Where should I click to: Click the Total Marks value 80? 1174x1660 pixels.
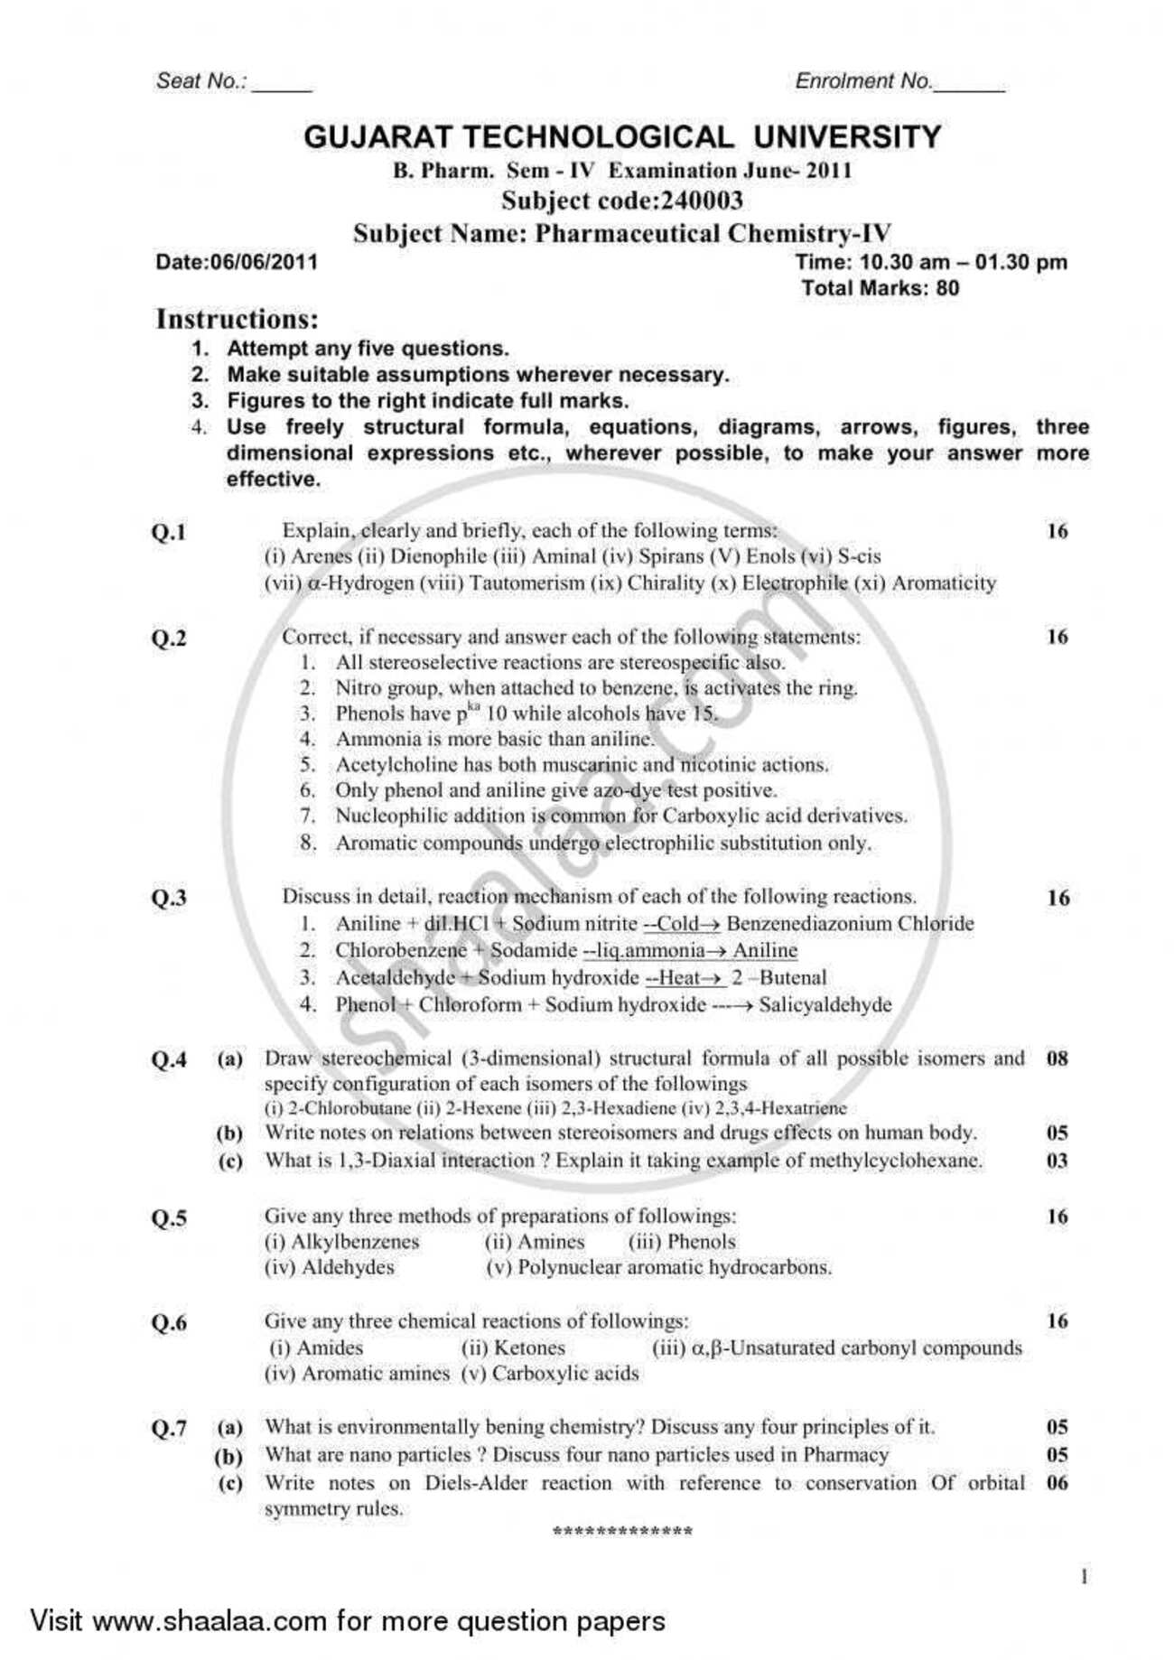[947, 289]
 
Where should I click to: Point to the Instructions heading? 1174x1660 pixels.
[238, 319]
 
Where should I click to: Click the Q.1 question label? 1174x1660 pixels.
[168, 532]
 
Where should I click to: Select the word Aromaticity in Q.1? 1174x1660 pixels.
[944, 583]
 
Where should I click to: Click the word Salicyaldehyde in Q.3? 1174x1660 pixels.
[825, 1004]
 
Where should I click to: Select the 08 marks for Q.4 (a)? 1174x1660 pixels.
[1057, 1058]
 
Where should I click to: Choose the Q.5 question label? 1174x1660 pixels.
[168, 1218]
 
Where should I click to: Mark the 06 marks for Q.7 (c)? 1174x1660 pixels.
[1057, 1483]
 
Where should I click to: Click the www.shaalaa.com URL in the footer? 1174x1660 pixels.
[210, 1620]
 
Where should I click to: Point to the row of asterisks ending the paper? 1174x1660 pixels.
[622, 1532]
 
